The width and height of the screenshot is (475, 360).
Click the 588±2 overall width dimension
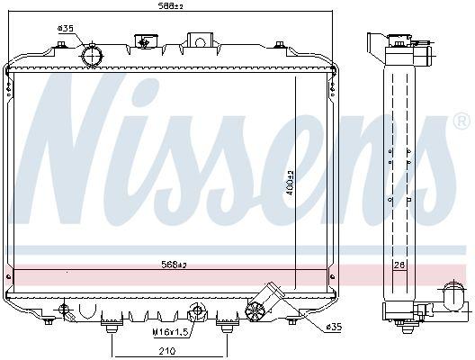(171, 5)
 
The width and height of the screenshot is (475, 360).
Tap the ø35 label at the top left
(65, 29)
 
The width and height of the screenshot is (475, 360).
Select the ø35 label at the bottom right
(334, 327)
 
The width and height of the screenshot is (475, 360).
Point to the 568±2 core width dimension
(174, 265)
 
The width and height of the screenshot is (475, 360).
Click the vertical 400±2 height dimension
(291, 183)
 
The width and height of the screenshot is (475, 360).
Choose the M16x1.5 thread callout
(172, 332)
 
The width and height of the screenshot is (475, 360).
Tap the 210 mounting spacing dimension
(167, 351)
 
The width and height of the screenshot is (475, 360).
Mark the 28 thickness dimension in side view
(399, 265)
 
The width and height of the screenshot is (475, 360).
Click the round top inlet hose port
(92, 56)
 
